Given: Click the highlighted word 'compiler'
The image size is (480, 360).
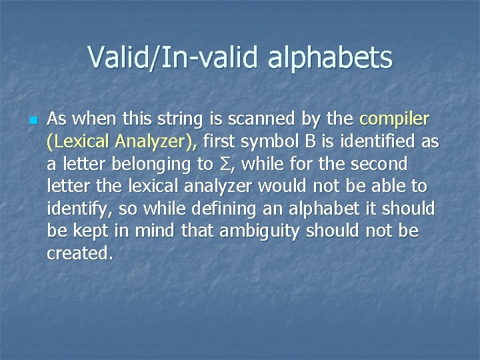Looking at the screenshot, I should [395, 120].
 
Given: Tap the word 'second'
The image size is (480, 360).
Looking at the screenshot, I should [379, 164].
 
